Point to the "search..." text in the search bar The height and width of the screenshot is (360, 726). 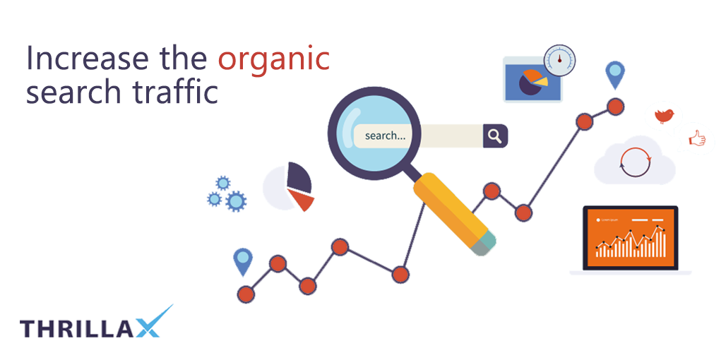pos(385,136)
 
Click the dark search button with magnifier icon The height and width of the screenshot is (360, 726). pos(495,136)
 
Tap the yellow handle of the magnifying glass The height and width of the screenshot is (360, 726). pos(453,212)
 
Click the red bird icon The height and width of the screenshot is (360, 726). pos(664,116)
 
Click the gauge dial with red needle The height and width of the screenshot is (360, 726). pos(559,60)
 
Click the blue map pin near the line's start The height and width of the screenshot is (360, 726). pos(243,261)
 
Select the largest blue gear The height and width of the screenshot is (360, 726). pos(236,201)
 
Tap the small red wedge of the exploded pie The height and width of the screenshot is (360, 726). pos(302,199)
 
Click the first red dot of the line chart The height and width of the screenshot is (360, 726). pos(245,294)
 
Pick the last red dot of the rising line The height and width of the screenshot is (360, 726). pos(615,107)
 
